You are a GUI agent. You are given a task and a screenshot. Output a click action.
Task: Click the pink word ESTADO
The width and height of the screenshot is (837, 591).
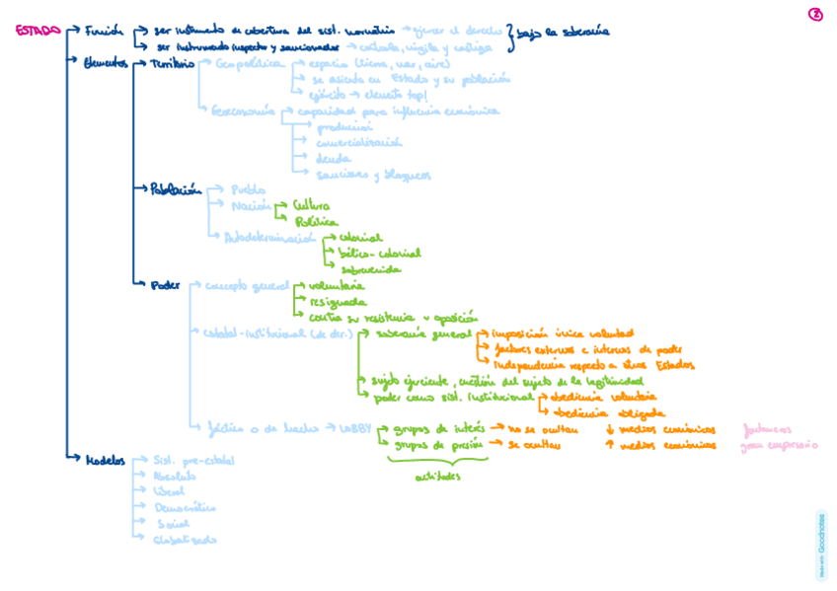click(38, 30)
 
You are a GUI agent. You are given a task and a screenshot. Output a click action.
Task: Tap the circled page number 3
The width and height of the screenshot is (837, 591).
click(815, 14)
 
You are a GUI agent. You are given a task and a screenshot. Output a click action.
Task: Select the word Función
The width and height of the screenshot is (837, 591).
click(104, 30)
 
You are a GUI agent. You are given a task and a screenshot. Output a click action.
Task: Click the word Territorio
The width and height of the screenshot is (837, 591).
click(173, 63)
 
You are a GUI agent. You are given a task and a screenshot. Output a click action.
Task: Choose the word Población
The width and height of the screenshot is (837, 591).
click(176, 188)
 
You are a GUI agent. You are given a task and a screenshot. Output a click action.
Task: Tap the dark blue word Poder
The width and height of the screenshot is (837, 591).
click(165, 285)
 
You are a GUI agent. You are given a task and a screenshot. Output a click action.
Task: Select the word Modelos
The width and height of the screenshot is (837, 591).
click(106, 459)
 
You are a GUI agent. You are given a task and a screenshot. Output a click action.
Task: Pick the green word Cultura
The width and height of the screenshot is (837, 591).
click(311, 206)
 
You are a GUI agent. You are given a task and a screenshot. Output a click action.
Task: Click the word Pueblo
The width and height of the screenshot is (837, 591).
click(248, 188)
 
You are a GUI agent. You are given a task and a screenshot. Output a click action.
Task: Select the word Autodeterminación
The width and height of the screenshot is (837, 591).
click(268, 238)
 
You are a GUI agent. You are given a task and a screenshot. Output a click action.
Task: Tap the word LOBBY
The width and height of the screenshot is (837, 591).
click(354, 428)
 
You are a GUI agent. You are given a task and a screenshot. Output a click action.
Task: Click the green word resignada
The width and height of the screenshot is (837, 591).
click(338, 302)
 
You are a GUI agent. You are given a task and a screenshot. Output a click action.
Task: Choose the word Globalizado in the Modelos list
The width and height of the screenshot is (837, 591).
click(186, 540)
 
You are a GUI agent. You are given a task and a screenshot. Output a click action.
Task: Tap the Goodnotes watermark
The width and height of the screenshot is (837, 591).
click(821, 545)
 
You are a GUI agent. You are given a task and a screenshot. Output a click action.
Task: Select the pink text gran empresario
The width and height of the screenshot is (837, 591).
click(779, 446)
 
